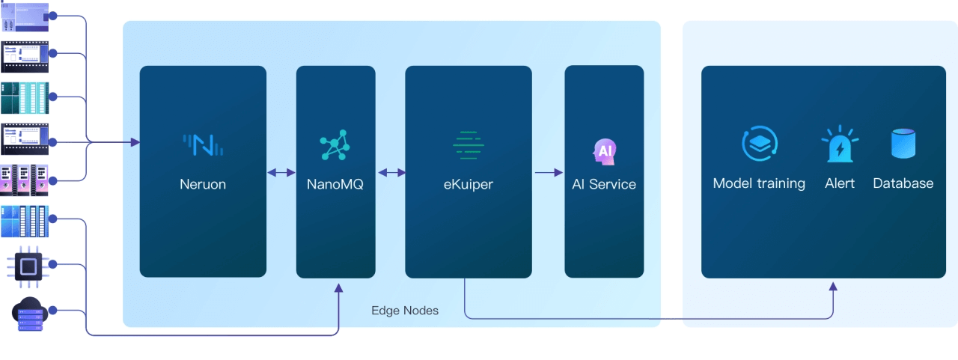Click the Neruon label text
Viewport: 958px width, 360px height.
pos(203,183)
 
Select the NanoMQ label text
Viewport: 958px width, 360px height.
pos(335,183)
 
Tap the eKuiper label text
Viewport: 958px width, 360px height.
pos(468,183)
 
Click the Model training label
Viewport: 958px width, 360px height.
pos(759,183)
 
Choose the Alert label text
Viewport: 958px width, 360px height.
pos(839,183)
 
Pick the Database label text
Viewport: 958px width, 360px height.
pos(903,183)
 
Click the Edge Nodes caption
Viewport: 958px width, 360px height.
pos(405,310)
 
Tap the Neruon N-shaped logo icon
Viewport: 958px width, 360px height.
pos(203,144)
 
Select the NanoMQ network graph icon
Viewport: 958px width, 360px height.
pos(335,145)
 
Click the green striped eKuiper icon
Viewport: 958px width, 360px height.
pos(468,144)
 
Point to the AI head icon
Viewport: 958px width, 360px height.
pos(603,151)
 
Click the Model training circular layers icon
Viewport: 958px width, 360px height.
pos(760,144)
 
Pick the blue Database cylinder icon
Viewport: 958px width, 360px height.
pos(903,144)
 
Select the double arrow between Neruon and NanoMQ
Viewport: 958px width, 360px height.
pos(281,173)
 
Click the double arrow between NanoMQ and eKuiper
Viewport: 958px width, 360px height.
pos(391,173)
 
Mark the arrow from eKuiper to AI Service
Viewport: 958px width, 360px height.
pos(549,173)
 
